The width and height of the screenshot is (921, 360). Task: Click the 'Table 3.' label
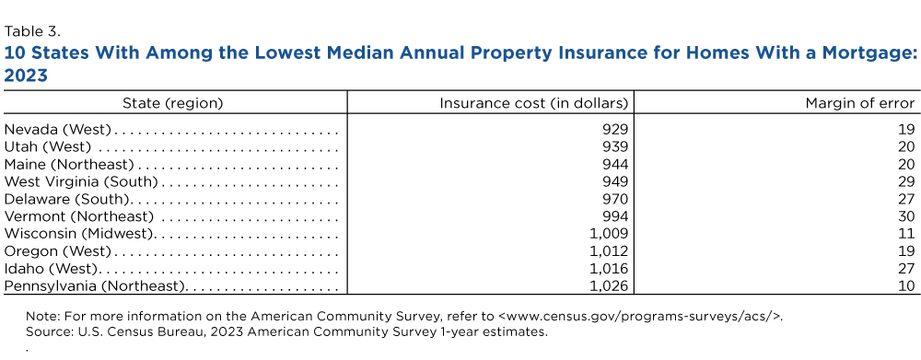click(32, 31)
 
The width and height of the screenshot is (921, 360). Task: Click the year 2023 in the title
click(26, 75)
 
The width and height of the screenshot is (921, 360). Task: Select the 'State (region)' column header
click(173, 103)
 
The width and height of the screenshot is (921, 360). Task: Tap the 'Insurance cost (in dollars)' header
click(534, 103)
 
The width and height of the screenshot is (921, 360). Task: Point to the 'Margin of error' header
click(860, 103)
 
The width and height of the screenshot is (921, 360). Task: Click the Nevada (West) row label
click(57, 129)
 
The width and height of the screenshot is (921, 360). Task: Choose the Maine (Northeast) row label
click(69, 164)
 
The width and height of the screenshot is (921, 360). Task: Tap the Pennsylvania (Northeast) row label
click(96, 286)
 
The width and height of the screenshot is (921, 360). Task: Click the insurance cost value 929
click(615, 129)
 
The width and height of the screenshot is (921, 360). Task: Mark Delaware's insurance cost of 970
click(615, 199)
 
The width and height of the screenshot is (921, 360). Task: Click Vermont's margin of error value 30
click(906, 216)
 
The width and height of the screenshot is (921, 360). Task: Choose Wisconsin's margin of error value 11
click(907, 234)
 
